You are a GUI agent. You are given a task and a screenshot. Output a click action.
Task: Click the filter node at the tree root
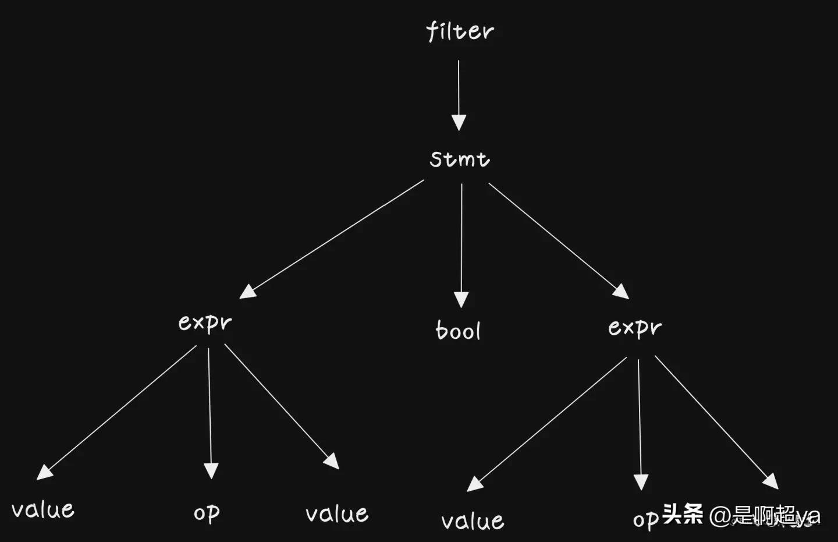[459, 31]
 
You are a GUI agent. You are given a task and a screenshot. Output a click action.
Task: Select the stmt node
[460, 159]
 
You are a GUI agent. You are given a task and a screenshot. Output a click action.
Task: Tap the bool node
[459, 331]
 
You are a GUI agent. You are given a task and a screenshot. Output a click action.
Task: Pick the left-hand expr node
[205, 323]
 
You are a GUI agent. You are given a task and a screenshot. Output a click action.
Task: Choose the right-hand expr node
[635, 328]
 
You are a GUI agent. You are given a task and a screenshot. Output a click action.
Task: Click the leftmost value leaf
[43, 509]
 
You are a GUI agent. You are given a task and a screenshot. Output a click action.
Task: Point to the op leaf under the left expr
[207, 513]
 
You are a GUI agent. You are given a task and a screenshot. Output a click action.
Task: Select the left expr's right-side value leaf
[337, 513]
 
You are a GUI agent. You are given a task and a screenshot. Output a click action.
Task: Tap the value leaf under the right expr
[473, 520]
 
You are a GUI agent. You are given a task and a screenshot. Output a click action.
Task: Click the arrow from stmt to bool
[461, 245]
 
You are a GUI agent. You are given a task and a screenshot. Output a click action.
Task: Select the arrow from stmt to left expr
[332, 239]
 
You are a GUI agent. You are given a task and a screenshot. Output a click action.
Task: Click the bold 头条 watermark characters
[683, 514]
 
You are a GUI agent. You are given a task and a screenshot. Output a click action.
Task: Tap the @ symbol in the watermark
[720, 516]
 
